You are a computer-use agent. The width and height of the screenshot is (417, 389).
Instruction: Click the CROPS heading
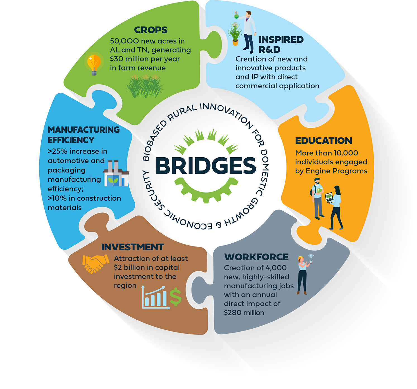(x=151, y=30)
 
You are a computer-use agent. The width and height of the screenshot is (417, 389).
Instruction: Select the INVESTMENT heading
(x=132, y=247)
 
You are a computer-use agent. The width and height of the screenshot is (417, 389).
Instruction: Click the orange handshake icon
(x=96, y=264)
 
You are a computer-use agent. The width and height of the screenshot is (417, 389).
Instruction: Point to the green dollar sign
(x=175, y=297)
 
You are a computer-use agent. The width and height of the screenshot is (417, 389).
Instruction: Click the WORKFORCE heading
(x=256, y=257)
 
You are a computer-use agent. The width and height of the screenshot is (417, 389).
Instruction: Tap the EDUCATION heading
(x=323, y=141)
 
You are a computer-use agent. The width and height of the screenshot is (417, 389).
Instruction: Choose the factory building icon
(x=116, y=173)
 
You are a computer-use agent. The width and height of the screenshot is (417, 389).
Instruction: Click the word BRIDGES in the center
(x=206, y=166)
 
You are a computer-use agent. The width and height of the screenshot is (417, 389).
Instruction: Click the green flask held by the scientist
(x=237, y=15)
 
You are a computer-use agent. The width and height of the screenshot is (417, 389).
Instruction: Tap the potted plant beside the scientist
(x=235, y=34)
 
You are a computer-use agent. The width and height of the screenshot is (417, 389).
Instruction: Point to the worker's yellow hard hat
(x=301, y=258)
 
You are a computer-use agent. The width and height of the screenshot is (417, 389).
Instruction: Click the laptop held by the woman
(x=329, y=197)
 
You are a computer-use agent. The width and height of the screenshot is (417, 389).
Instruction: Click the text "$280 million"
(x=244, y=313)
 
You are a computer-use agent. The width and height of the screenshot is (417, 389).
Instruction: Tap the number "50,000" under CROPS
(x=124, y=41)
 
